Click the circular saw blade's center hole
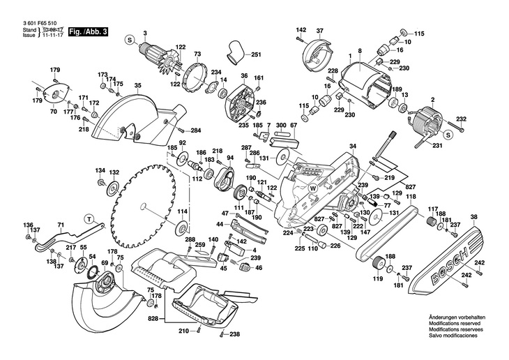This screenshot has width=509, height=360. (143, 207)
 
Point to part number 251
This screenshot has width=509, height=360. (255, 55)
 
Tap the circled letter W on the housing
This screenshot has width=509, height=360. (313, 187)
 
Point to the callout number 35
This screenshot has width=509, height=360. (138, 86)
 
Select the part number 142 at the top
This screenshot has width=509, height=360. (301, 29)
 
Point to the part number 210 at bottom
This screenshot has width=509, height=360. (183, 330)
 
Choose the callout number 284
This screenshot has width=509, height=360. (195, 130)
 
